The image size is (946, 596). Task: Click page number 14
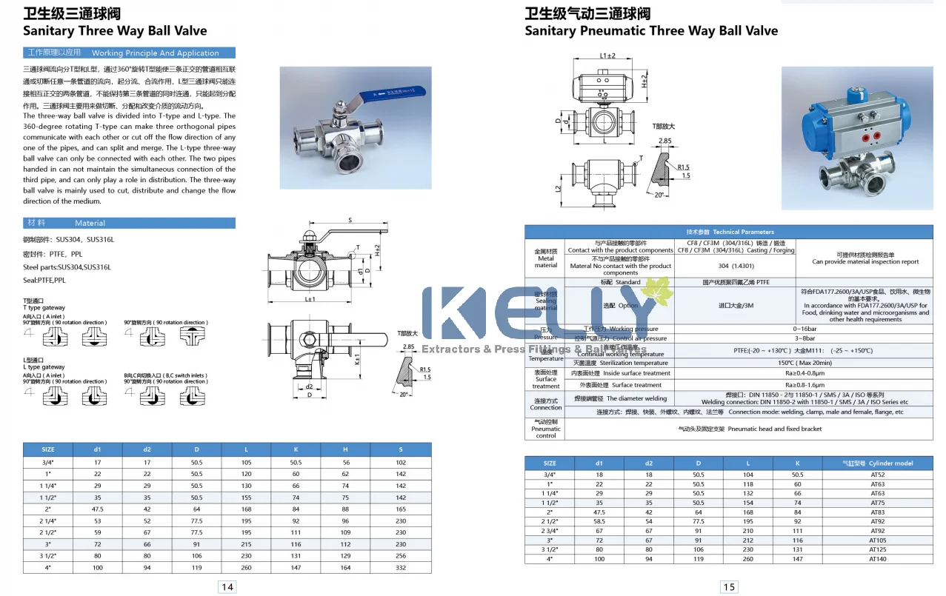coord(227,587)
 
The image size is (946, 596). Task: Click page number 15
coord(729,587)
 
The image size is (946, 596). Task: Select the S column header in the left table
coord(401,449)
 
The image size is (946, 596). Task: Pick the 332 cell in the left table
coord(401,568)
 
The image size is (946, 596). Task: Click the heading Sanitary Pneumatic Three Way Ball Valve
coord(651,31)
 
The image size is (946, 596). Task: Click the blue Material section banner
coord(130,223)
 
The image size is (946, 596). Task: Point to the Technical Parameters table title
coord(729,232)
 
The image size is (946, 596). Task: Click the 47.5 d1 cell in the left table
coord(97,509)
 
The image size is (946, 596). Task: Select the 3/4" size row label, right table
coord(550,475)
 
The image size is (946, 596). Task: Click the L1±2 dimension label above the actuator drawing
coord(607,56)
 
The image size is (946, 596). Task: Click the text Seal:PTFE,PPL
coord(44,281)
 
